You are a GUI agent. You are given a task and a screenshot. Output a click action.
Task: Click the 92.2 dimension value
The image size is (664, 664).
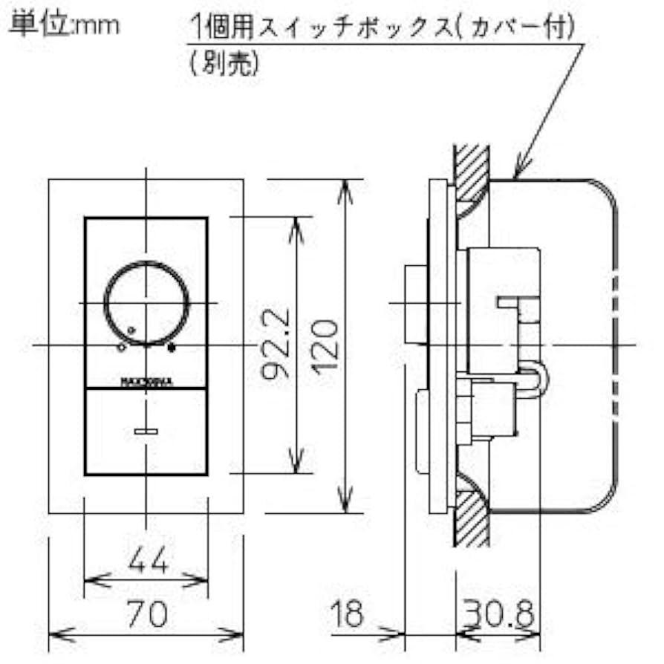(x=276, y=346)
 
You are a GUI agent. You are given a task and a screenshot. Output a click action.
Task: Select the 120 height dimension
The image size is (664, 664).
(x=328, y=346)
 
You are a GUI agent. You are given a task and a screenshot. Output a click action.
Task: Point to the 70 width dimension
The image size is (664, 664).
(x=146, y=614)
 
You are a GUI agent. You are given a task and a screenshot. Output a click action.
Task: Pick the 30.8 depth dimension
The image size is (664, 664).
(x=499, y=614)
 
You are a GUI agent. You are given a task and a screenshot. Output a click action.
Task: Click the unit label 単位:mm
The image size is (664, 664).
(x=63, y=24)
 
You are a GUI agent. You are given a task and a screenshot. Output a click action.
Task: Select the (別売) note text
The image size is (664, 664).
(x=224, y=64)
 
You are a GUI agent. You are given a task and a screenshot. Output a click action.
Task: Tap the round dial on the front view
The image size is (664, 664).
(x=146, y=303)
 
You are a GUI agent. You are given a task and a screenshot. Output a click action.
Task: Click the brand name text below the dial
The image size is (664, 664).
(x=146, y=383)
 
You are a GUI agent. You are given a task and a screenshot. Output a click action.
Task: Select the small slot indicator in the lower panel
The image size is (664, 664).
(x=146, y=430)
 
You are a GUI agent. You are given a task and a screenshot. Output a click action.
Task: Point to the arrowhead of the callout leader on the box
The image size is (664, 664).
(x=518, y=174)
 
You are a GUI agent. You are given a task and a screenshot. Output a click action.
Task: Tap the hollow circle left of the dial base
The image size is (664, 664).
(x=120, y=346)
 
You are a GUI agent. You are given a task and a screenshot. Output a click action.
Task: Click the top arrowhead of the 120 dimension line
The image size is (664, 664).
(x=345, y=186)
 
